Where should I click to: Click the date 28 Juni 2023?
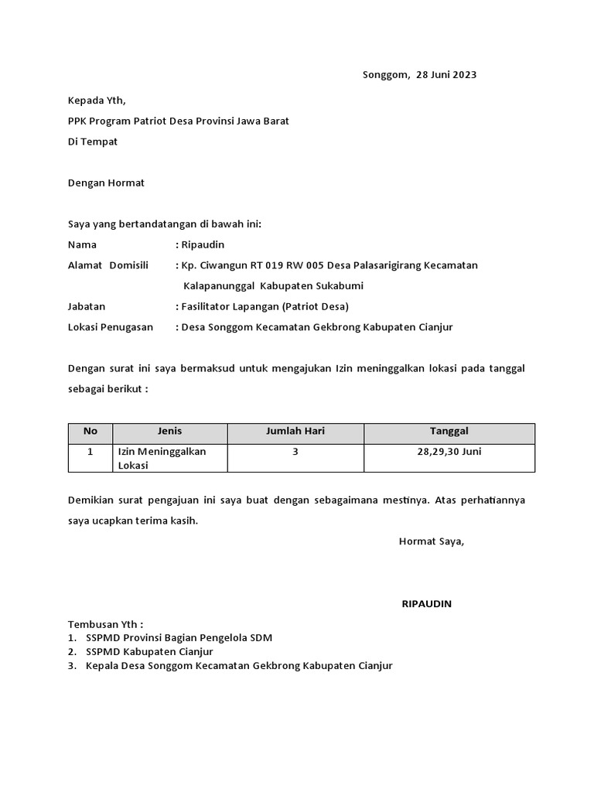[446, 75]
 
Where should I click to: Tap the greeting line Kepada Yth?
[97, 101]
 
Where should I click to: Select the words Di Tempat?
[93, 142]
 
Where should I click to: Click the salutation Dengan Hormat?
[107, 183]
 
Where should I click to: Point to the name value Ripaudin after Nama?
[202, 244]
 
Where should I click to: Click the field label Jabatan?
[87, 306]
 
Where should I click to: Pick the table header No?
[90, 432]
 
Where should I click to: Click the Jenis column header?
[169, 432]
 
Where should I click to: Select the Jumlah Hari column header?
[295, 432]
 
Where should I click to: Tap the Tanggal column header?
[449, 432]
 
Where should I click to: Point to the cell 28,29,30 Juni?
[449, 452]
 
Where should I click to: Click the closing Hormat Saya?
[432, 541]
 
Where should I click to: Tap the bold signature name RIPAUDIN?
[427, 604]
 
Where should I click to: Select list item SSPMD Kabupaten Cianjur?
[149, 652]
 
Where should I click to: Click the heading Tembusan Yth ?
[106, 624]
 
